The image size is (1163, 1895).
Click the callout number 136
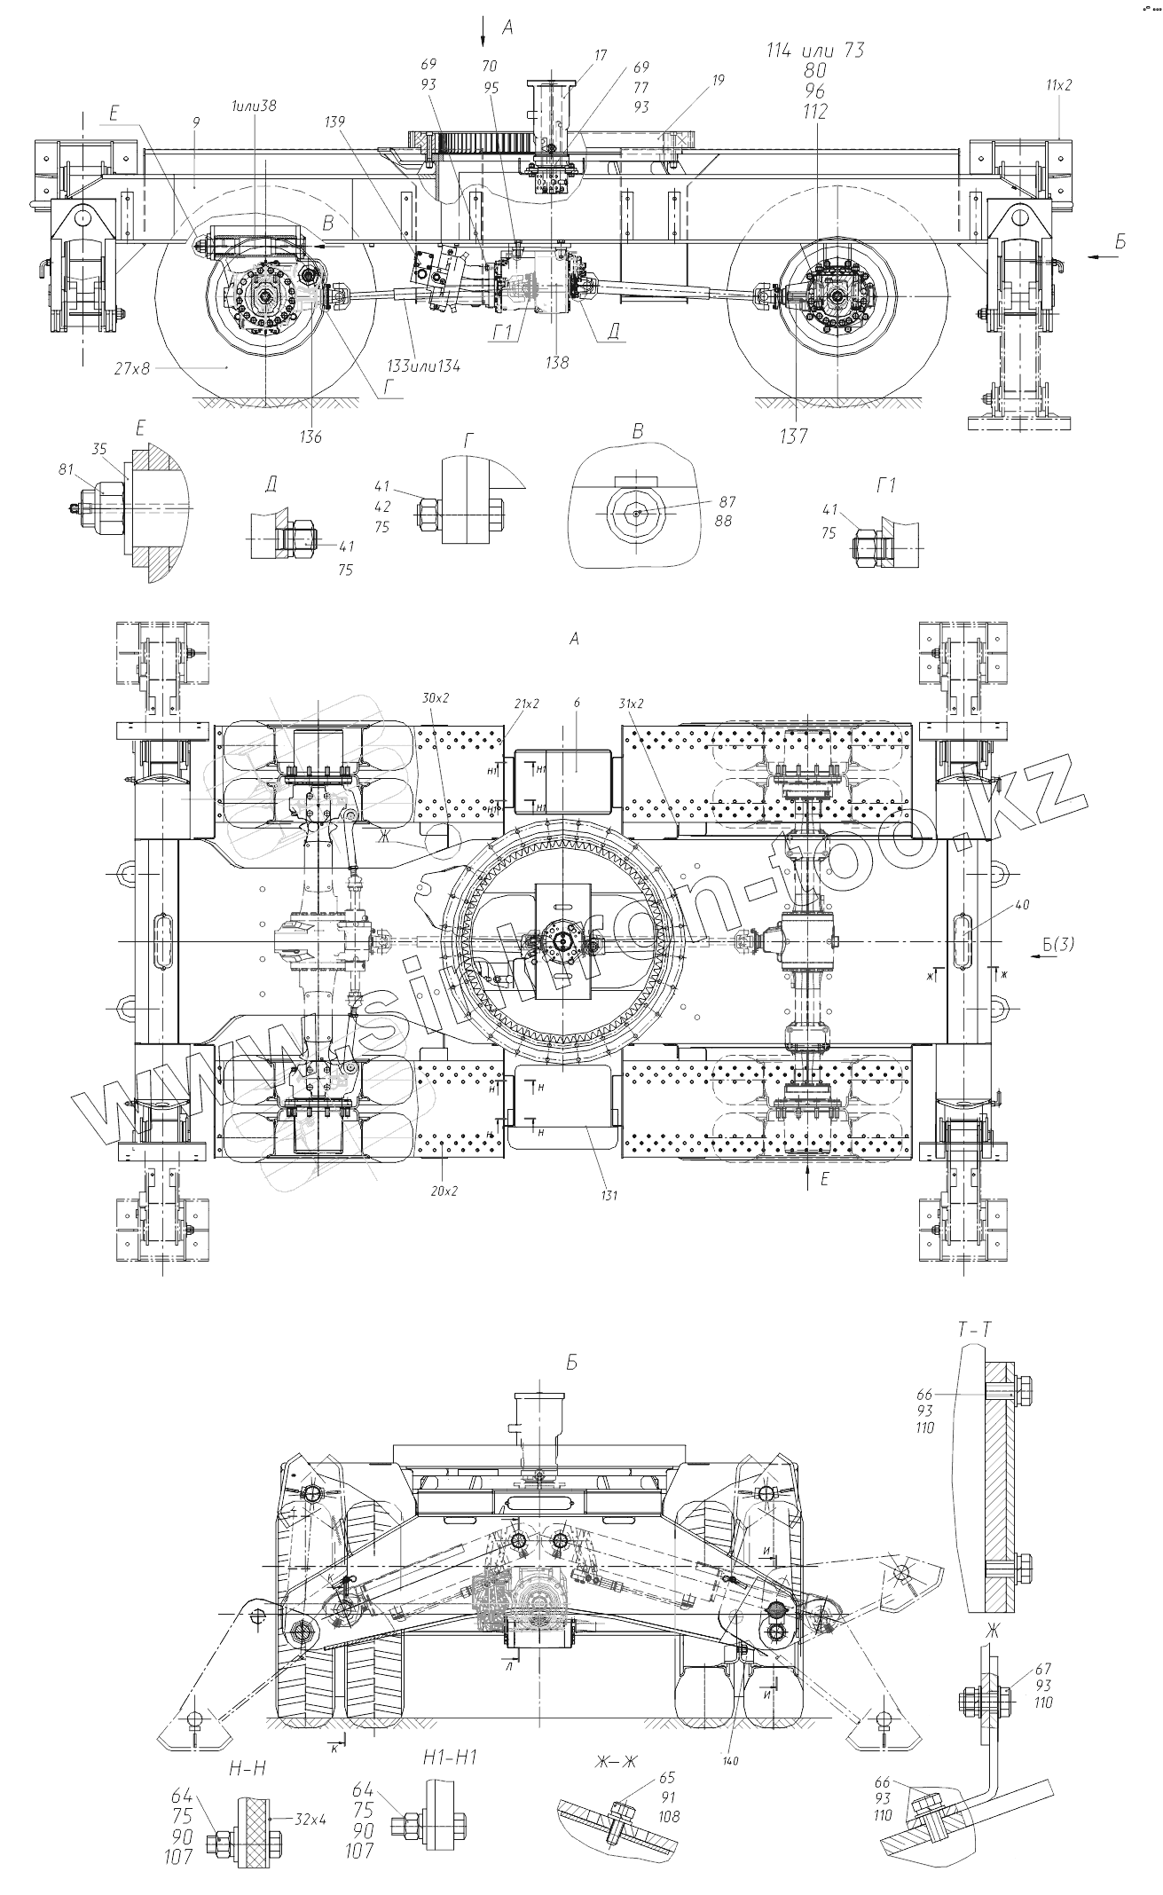point(310,436)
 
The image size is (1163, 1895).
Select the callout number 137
point(795,436)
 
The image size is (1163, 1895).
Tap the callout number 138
point(558,362)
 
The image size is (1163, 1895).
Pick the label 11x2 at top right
point(1058,85)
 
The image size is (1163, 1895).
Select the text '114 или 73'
point(815,51)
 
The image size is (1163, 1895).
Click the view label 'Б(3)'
point(1058,946)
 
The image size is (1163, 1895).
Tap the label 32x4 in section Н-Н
point(310,1818)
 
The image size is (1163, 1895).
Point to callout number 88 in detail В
point(723,521)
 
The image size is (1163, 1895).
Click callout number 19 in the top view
point(717,80)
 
